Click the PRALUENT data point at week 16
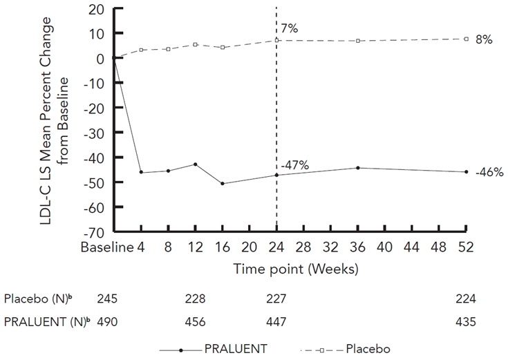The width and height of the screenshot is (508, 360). point(223,183)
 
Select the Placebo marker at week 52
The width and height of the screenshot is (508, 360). point(467,39)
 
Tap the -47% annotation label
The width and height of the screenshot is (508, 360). point(294,165)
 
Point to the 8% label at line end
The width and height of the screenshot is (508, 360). point(484,40)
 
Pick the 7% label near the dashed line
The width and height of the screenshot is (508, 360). point(288,28)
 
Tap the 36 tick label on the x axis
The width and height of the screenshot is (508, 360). point(358,247)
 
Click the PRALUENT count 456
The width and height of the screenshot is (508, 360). point(195,322)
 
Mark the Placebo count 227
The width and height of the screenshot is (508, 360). point(276,299)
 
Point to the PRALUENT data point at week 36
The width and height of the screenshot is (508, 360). point(358,168)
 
